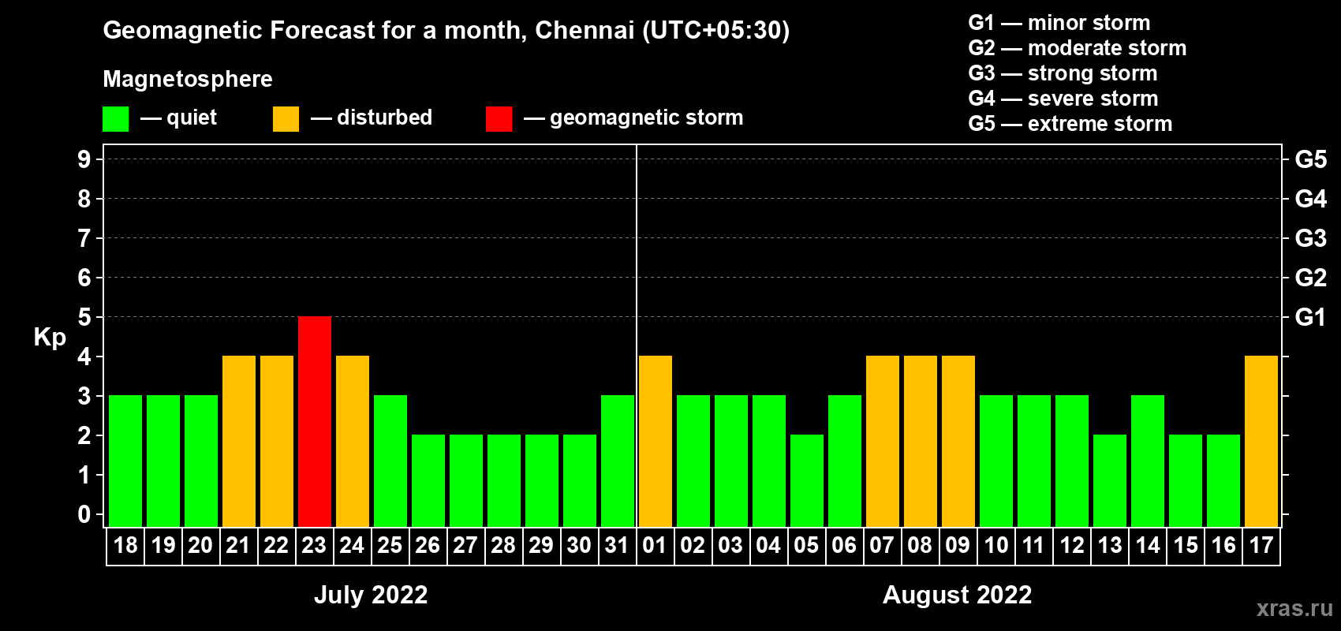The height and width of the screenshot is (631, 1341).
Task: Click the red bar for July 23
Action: click(x=315, y=421)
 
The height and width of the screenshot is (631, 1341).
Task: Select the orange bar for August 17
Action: click(x=1261, y=441)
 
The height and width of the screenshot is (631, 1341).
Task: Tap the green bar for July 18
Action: click(x=125, y=461)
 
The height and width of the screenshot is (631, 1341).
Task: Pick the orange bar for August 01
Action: click(x=656, y=441)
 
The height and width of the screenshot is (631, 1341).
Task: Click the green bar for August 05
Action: click(x=807, y=480)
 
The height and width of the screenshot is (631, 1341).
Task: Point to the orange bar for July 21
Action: click(x=239, y=441)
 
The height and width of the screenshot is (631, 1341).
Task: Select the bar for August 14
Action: click(x=1148, y=461)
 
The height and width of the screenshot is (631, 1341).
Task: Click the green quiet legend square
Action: click(x=116, y=119)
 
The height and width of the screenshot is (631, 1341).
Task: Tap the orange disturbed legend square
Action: click(x=286, y=119)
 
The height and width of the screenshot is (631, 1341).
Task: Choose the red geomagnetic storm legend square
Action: click(x=499, y=119)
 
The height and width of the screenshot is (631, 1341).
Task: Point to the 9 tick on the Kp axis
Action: click(x=84, y=159)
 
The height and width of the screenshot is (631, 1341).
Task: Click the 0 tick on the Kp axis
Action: click(x=84, y=514)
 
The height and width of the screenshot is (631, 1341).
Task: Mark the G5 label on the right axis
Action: click(x=1310, y=159)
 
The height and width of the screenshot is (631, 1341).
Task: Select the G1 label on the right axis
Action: click(x=1310, y=317)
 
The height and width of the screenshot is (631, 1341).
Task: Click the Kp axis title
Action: click(x=50, y=337)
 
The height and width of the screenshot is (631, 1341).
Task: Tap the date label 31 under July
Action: click(x=617, y=545)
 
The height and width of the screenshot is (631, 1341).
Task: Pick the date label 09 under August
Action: click(x=958, y=545)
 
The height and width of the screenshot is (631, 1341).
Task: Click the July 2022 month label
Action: click(x=371, y=595)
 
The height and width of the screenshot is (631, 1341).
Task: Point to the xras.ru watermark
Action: click(x=1294, y=608)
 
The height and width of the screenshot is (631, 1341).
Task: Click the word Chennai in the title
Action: click(x=585, y=30)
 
